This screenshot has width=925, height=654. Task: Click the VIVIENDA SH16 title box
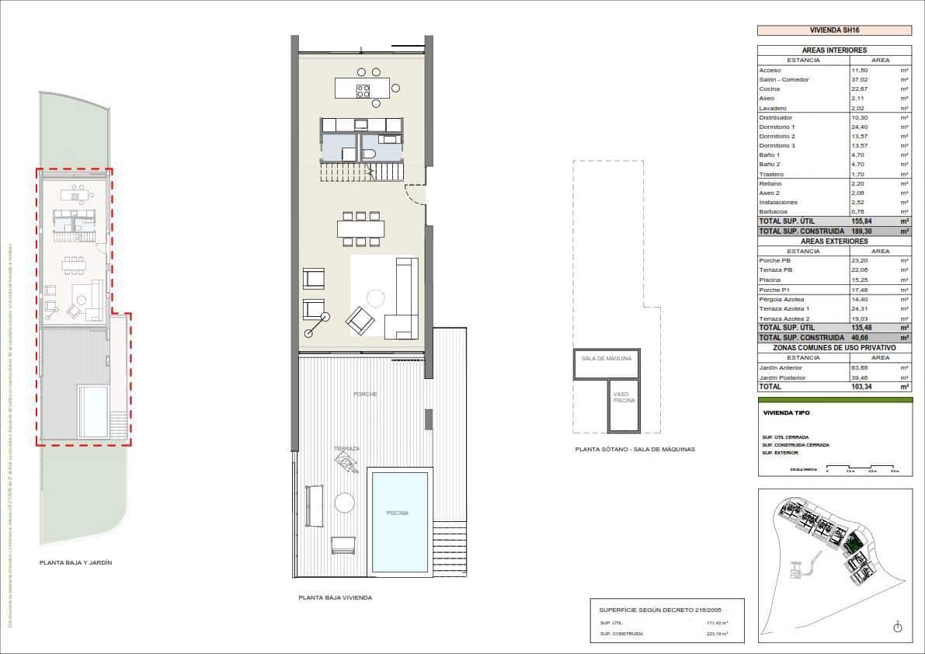(834, 30)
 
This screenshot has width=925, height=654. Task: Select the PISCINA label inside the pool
(397, 513)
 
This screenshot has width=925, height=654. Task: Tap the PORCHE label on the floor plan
(365, 395)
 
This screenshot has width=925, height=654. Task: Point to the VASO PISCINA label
(624, 397)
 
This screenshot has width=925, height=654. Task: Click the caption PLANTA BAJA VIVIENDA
(336, 598)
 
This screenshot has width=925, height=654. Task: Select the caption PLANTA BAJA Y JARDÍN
(76, 562)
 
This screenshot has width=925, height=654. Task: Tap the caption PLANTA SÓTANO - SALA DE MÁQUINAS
(635, 449)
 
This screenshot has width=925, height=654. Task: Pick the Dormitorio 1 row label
(777, 127)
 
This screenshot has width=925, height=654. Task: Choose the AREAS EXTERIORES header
(834, 242)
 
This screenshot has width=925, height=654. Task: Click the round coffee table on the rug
(376, 298)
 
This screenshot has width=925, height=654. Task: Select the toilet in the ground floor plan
(370, 155)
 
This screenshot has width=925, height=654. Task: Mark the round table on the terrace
(344, 503)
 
